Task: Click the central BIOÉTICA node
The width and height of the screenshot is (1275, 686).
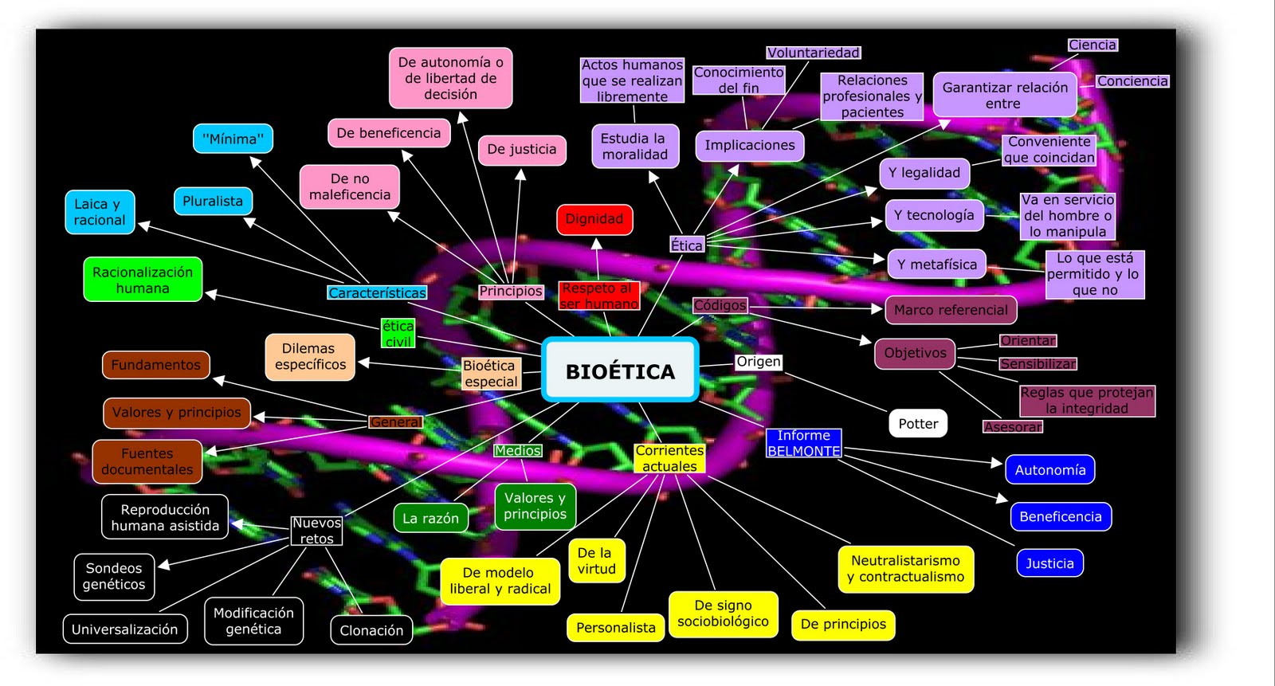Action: (x=620, y=370)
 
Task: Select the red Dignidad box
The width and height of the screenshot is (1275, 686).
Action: (x=594, y=219)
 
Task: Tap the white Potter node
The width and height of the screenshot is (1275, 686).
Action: (x=918, y=424)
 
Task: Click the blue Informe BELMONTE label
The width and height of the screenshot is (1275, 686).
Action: (x=803, y=443)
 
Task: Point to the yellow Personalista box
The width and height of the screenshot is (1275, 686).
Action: (x=615, y=628)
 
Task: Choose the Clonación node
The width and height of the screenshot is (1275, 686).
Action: (x=371, y=630)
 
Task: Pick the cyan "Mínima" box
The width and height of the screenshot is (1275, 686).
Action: (x=233, y=139)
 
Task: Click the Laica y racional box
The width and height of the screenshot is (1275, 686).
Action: (x=100, y=212)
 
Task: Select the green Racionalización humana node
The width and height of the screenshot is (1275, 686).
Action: (x=143, y=280)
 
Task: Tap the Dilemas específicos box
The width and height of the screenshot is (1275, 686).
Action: (x=310, y=357)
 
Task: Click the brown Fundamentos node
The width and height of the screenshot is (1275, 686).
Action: (x=156, y=365)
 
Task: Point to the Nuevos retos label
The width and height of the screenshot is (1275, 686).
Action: (x=316, y=531)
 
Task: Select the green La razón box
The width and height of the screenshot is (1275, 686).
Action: (x=430, y=519)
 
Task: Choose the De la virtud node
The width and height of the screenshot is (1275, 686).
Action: (x=596, y=561)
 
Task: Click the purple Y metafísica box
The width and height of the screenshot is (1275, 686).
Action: (x=936, y=265)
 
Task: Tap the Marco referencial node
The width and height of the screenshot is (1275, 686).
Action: (x=951, y=310)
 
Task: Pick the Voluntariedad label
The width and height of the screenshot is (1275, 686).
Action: (x=813, y=53)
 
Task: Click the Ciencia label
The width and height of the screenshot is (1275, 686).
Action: (x=1093, y=45)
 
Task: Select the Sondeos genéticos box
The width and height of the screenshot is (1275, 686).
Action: (x=114, y=576)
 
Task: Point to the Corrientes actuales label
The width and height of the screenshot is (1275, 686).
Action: (x=669, y=458)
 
